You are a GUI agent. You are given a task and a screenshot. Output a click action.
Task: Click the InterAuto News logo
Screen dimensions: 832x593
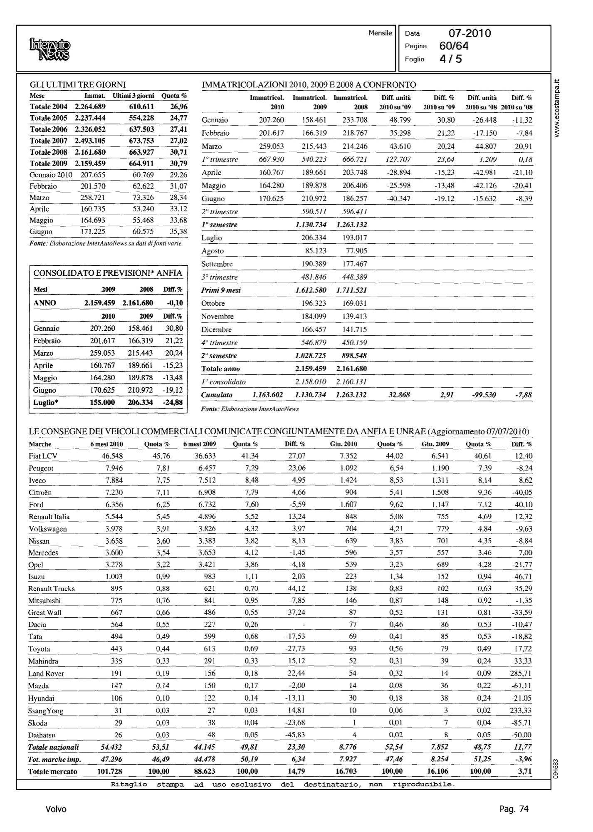(x=50, y=49)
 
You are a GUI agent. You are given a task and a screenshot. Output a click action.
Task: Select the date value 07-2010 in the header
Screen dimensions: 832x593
(x=469, y=33)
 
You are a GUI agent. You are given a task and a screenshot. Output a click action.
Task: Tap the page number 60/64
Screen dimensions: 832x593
(x=454, y=46)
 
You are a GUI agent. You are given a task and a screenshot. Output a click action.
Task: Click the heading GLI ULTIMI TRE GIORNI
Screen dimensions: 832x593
(x=78, y=85)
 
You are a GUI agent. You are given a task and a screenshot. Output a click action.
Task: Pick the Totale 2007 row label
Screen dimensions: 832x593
(x=48, y=141)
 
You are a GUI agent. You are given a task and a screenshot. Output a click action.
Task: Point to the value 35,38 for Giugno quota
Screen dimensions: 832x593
(x=179, y=232)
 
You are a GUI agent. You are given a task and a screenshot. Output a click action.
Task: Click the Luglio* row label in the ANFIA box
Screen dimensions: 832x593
(x=44, y=403)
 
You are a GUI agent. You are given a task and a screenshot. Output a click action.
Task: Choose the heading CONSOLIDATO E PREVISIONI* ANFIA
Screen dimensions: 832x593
(x=107, y=273)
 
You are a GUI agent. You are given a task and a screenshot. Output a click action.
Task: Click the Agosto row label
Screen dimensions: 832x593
(x=212, y=251)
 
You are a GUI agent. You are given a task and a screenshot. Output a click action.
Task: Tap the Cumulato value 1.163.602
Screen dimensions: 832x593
(x=268, y=395)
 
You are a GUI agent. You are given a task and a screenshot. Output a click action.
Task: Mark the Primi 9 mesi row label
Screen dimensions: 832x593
(x=221, y=290)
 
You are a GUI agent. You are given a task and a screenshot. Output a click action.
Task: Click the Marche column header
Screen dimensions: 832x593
(x=40, y=444)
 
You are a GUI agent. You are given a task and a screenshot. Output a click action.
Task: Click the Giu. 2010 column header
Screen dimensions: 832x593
(x=343, y=444)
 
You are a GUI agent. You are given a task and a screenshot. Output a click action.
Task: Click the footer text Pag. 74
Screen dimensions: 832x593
(x=514, y=809)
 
